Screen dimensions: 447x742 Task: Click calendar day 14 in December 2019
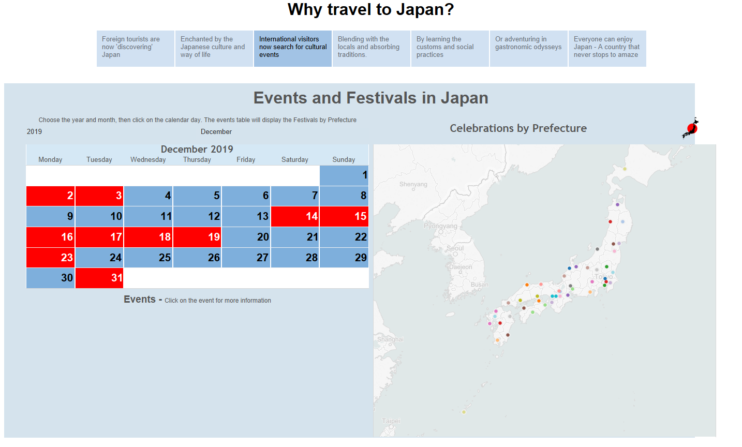point(295,216)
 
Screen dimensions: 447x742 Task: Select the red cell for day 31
point(99,278)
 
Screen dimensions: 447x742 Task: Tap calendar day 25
point(149,257)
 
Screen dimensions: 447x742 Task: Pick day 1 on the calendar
point(344,175)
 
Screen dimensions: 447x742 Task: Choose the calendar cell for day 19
point(197,237)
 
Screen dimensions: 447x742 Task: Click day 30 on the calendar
point(51,278)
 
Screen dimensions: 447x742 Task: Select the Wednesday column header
point(148,159)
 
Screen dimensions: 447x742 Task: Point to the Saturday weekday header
point(295,159)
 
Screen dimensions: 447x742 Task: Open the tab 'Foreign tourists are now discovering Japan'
point(136,48)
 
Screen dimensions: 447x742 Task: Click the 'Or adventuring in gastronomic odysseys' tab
point(528,48)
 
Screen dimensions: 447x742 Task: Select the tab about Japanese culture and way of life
point(214,48)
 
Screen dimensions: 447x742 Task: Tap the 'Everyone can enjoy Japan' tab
point(607,48)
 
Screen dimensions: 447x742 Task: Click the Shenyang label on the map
point(413,184)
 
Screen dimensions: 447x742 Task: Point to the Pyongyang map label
point(440,226)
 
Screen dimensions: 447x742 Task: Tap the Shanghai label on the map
point(390,339)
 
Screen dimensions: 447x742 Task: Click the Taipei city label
point(391,421)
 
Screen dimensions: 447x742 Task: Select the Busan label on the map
point(479,285)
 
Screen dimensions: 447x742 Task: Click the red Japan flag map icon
point(691,128)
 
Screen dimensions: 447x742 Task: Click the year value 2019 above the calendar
point(34,131)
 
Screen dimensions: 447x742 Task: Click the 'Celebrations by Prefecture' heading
point(518,128)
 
